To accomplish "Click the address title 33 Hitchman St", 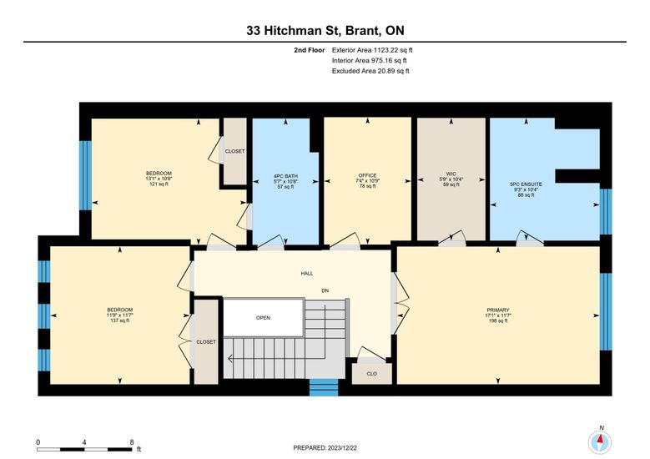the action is (295, 30).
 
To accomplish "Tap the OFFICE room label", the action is (367, 175).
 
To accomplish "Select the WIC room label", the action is (451, 174).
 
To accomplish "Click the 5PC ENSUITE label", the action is (526, 184).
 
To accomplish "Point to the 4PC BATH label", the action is (285, 176).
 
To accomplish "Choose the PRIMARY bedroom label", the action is (498, 310).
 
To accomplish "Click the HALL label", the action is (307, 274).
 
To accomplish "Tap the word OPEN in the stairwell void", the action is (263, 318).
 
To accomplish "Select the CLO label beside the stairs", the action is (372, 374).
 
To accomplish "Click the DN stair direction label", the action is (325, 290).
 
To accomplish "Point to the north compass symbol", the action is (600, 442).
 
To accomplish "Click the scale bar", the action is (84, 450).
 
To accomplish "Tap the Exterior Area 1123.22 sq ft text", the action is (372, 50).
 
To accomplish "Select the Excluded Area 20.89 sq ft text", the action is (370, 71).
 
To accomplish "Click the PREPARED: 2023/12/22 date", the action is (325, 448).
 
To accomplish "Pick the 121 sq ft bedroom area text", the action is (159, 184).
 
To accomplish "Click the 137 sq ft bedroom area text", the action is (120, 320).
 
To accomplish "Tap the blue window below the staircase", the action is (324, 387).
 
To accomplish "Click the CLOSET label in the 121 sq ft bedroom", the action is (234, 151).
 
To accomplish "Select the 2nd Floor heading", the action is (310, 50).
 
